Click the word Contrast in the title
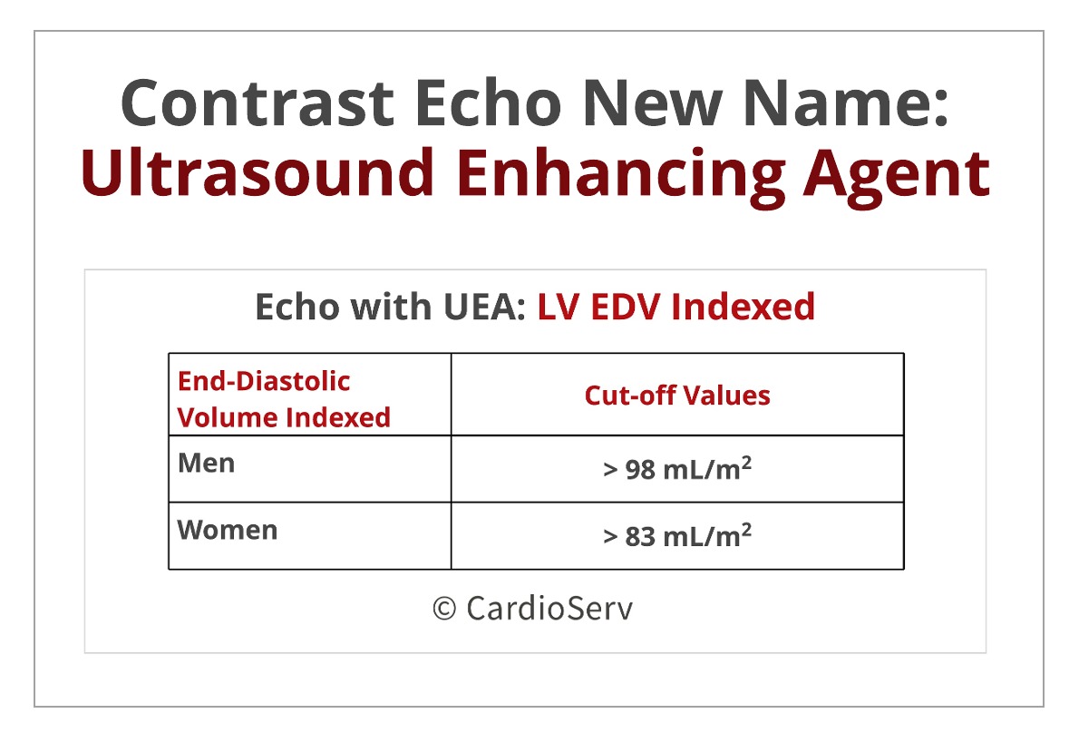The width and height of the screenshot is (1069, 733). [258, 103]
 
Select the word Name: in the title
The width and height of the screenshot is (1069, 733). [846, 103]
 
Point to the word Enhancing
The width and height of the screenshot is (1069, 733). [620, 175]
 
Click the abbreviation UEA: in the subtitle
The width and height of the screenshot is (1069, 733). [484, 307]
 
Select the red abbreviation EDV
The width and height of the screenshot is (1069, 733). [626, 307]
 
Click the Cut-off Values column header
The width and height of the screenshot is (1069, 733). [677, 396]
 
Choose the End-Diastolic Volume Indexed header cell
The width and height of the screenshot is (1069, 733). [284, 399]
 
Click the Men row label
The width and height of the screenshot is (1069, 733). [206, 463]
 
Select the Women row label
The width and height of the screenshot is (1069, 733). [227, 530]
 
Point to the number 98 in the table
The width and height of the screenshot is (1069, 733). [640, 470]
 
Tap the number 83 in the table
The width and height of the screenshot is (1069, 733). [640, 537]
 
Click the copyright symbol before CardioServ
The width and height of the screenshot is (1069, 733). [443, 608]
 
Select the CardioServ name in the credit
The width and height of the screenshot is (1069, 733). [549, 608]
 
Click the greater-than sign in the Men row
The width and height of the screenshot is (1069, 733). [610, 471]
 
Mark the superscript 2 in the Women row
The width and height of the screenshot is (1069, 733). [746, 529]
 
